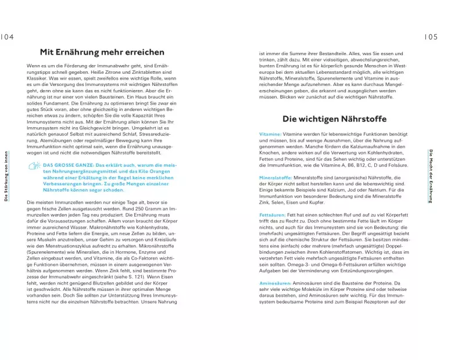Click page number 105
point(431,37)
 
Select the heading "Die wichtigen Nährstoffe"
point(334,119)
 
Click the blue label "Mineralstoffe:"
point(276,177)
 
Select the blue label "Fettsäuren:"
point(273,215)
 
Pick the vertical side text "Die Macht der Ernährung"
point(431,176)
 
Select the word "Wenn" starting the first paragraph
point(33,66)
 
